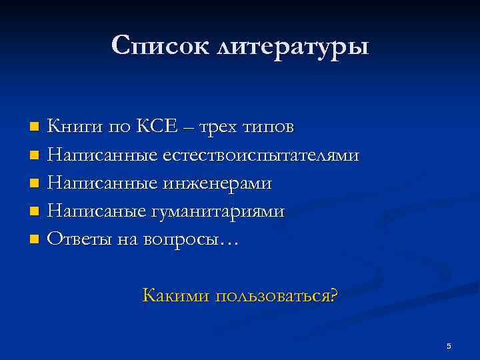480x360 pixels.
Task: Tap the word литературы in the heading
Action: (x=291, y=46)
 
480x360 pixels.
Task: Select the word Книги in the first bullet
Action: (x=73, y=126)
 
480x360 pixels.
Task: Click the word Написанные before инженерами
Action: (x=102, y=183)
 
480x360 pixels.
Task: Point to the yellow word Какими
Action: (x=175, y=295)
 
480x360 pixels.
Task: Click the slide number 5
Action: (x=449, y=345)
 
